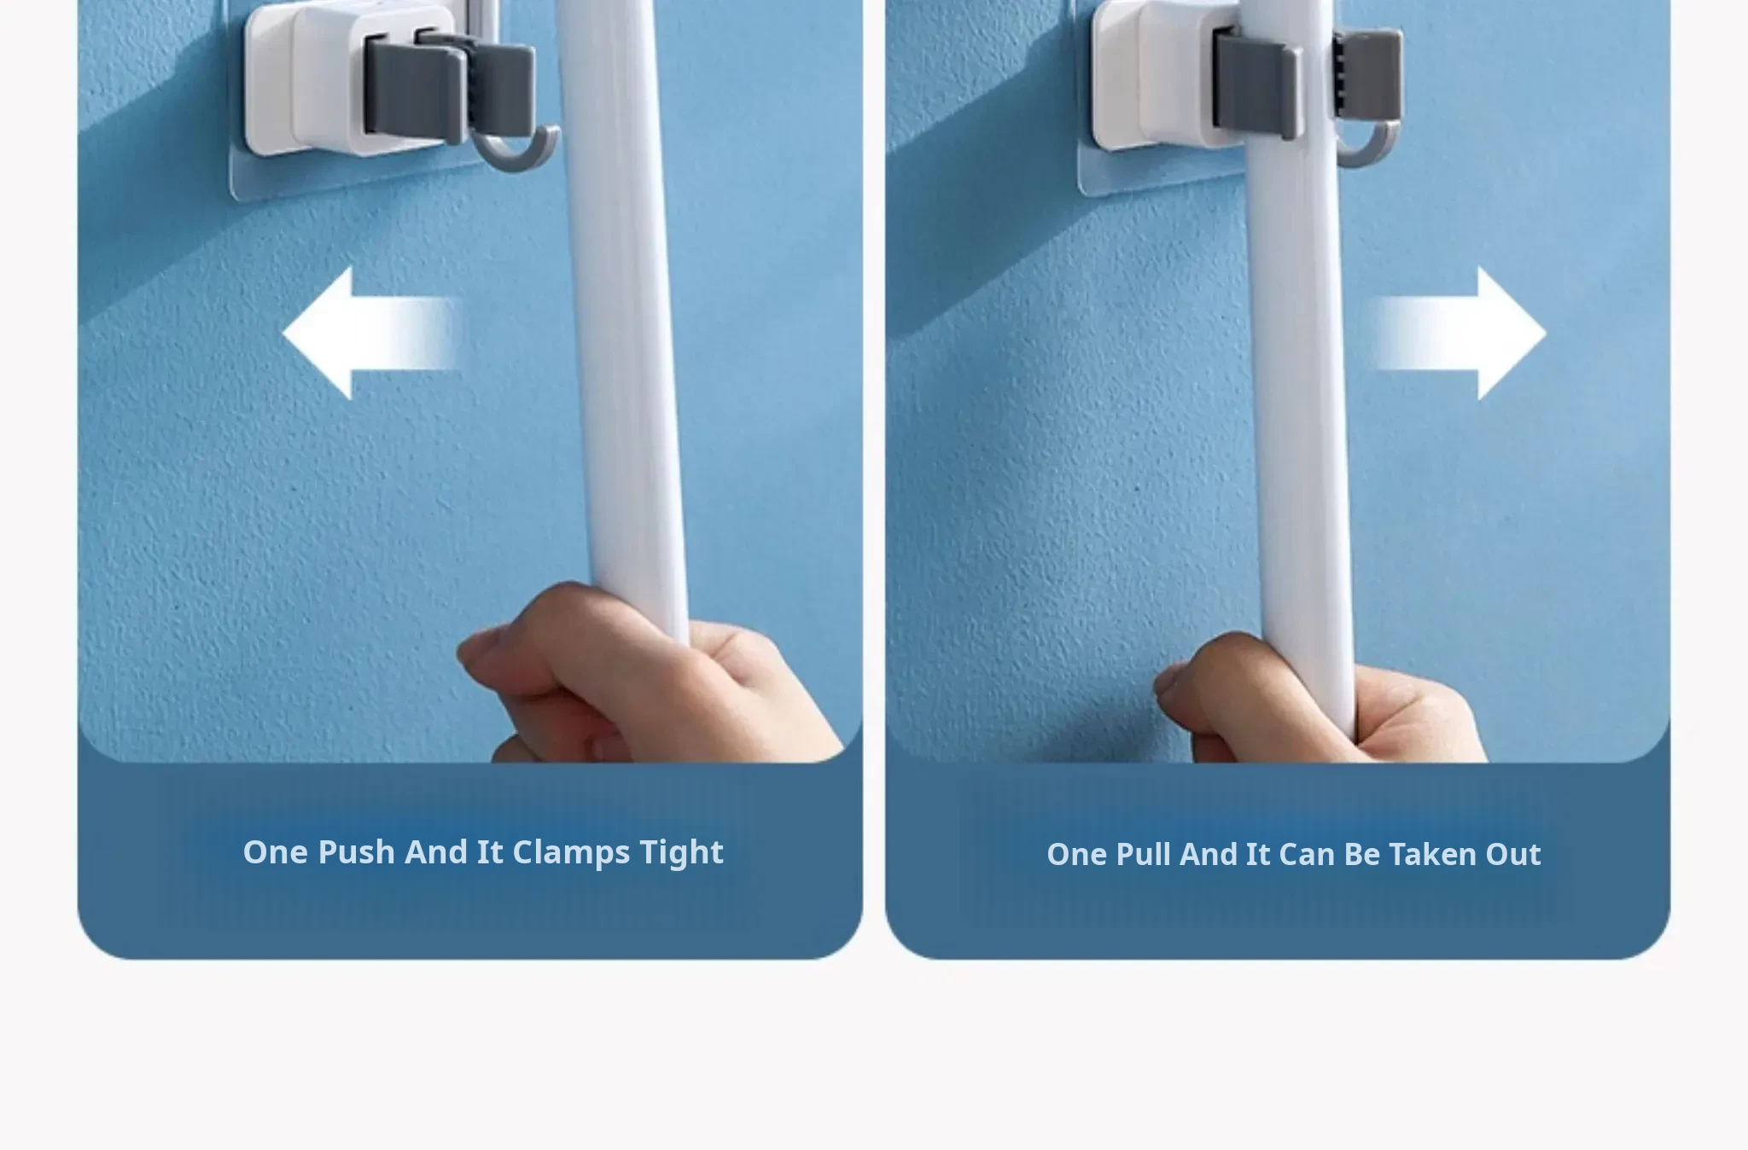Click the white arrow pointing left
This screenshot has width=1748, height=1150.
coord(371,333)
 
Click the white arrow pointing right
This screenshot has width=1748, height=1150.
coord(1460,333)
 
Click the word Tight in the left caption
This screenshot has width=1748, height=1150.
coord(681,852)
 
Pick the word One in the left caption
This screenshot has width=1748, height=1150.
coord(275,852)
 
